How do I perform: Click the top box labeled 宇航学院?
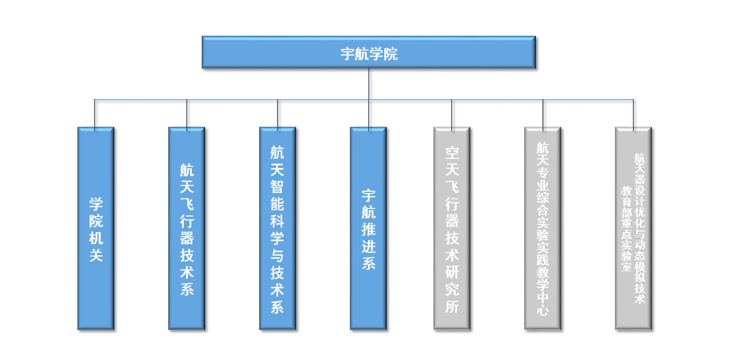point(369,52)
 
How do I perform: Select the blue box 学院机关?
point(96,228)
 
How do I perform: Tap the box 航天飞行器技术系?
point(187,228)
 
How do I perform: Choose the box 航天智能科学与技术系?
point(277,228)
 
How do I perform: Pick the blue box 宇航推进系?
point(368,228)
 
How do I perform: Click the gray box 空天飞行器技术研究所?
point(452,228)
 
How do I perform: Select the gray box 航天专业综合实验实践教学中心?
point(542,228)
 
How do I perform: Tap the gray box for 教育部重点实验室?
point(633,228)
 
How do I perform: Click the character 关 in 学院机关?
point(96,255)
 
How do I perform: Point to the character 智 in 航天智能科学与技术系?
point(277,187)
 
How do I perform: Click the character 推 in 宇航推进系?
point(369,230)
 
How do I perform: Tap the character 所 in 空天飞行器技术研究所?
point(452,306)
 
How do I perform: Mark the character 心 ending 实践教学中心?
point(542,310)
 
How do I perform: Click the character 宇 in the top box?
point(347,54)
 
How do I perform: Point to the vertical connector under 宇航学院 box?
point(369,84)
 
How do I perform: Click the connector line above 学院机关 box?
point(95,113)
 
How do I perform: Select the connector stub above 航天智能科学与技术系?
point(277,113)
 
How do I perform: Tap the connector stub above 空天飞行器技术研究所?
point(452,113)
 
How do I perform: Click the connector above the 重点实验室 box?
point(633,113)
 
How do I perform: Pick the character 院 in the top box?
point(391,54)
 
